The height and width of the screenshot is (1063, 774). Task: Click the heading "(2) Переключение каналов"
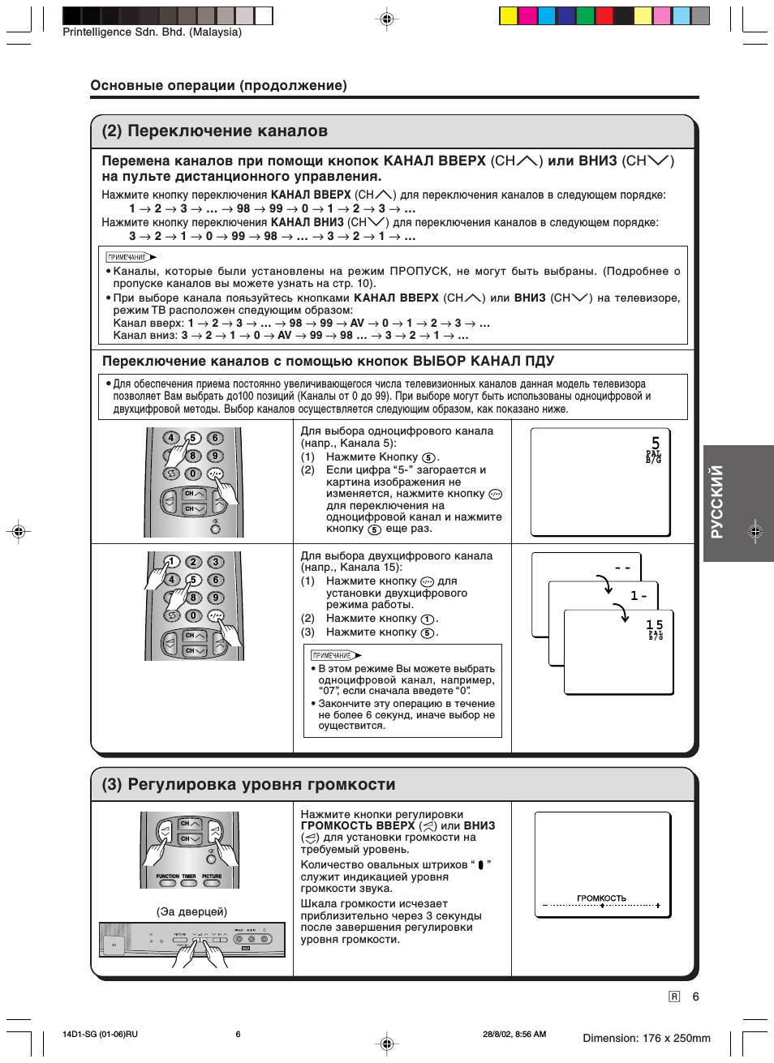point(214,131)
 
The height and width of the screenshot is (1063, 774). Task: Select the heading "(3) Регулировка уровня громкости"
point(248,784)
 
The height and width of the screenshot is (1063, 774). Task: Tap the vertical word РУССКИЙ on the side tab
point(716,502)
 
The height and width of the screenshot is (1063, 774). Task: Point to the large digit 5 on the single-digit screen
point(656,443)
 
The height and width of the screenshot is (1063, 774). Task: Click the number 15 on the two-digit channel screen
point(654,624)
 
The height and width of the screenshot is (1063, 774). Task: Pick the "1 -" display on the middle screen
point(639,596)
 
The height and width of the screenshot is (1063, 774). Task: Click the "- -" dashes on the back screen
point(622,568)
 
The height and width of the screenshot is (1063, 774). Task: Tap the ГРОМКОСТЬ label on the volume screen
point(601,898)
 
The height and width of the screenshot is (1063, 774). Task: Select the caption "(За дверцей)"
point(191,911)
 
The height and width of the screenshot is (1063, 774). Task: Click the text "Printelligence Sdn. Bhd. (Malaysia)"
point(152,32)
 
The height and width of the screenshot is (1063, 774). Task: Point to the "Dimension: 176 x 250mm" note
point(646,1038)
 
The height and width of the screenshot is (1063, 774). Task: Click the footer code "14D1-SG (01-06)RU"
point(100,1034)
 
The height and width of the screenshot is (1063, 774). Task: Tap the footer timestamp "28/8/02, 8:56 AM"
point(514,1034)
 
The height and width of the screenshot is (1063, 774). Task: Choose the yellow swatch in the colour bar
point(509,15)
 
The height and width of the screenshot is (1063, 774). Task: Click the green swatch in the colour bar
point(585,15)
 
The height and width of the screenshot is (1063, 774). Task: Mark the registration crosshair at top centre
point(387,19)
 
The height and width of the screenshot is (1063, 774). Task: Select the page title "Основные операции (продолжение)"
point(218,85)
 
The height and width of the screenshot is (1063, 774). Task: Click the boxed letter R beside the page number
point(674,997)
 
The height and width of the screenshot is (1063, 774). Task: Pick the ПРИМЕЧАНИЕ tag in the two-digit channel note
point(332,655)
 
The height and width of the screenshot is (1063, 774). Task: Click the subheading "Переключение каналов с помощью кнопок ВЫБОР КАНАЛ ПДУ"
point(328,362)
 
